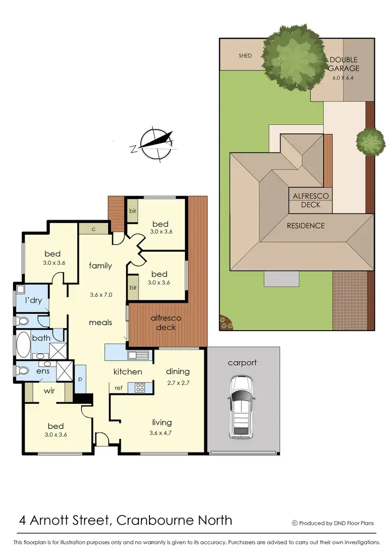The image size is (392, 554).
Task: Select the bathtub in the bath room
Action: [24, 345]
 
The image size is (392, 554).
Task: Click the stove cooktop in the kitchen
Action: [140, 388]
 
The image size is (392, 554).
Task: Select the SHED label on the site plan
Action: [245, 55]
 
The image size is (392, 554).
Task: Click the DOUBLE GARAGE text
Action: [343, 64]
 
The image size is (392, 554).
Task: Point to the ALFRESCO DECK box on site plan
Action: [310, 200]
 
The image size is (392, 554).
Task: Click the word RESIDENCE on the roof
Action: [305, 226]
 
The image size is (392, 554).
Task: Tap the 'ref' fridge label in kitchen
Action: [119, 388]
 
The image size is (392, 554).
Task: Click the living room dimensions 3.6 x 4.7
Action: [162, 433]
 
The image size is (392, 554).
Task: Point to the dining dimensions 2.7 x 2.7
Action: [178, 382]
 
